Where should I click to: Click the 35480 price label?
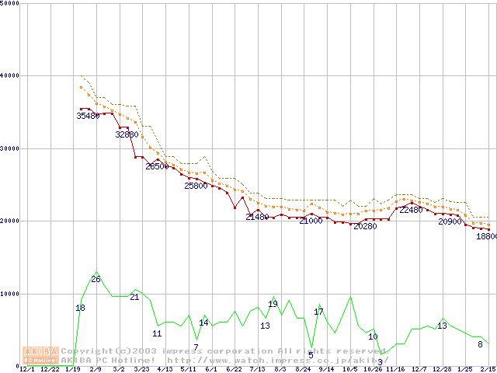coord(88,116)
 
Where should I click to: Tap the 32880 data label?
coord(127,134)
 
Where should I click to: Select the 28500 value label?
coord(157,166)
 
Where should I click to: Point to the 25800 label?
coord(196,186)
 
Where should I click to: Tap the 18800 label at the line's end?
coord(487,236)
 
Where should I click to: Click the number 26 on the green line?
coord(96,279)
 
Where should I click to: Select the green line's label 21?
coord(134,297)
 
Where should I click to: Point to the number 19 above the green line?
coord(273,304)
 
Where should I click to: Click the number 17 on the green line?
coord(318,312)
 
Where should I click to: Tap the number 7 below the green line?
coord(196,347)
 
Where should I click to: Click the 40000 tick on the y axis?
coord(10,75)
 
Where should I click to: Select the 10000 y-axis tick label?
coord(10,294)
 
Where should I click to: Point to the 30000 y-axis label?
coord(10,148)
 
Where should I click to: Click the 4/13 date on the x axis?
coord(165,369)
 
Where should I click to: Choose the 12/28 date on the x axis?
coord(442,369)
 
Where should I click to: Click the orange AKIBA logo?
coord(41,354)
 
